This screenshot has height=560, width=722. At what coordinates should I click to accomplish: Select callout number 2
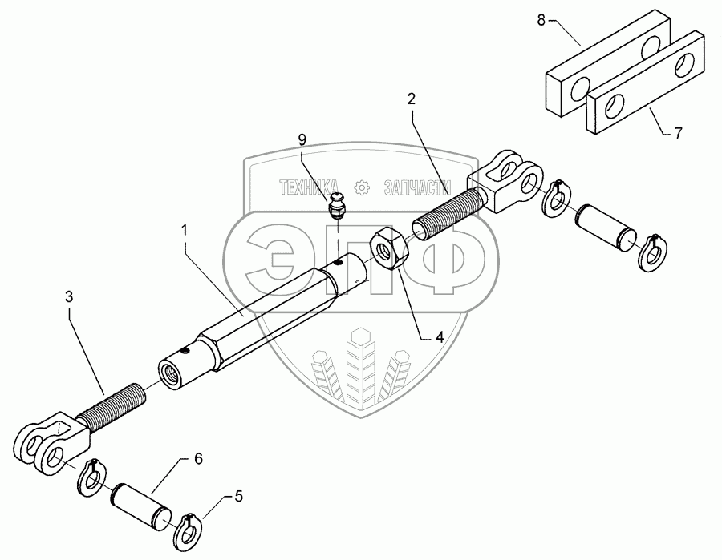[x=411, y=99]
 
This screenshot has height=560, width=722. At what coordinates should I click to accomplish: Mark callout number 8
[x=541, y=21]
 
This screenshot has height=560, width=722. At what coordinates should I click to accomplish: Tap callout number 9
[x=302, y=139]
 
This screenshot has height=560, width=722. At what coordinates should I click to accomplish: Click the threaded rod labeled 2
[x=445, y=210]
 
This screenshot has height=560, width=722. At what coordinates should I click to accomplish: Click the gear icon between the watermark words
[x=361, y=187]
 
